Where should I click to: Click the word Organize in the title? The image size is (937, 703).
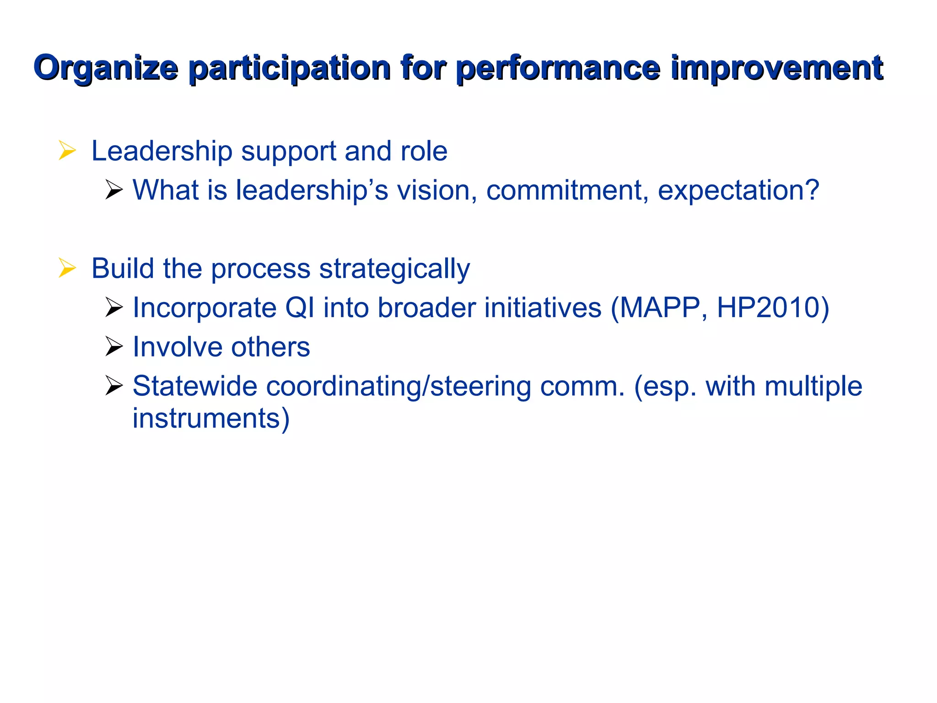click(x=106, y=69)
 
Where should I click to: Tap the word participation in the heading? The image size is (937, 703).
click(x=289, y=69)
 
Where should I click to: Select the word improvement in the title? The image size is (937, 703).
click(x=776, y=69)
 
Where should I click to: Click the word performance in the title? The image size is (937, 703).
click(x=558, y=69)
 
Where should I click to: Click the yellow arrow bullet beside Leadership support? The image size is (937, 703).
click(x=67, y=151)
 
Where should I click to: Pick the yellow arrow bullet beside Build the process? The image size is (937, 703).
click(x=67, y=268)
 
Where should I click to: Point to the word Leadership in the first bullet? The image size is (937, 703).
click(x=162, y=151)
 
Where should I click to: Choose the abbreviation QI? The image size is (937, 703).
click(x=300, y=308)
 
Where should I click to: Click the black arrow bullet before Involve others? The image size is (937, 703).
click(x=113, y=346)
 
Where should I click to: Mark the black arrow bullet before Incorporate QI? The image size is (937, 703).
click(x=113, y=307)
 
